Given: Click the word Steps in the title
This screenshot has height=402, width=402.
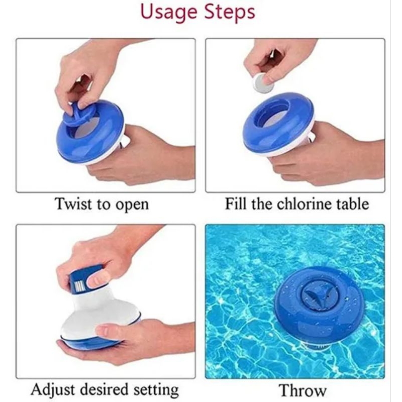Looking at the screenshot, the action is coord(230,12).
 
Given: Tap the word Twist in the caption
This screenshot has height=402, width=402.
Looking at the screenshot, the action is coord(73,204).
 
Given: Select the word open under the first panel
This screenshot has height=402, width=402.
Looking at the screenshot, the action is coord(132,206).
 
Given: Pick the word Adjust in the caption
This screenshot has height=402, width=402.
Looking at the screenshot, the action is coord(53,390).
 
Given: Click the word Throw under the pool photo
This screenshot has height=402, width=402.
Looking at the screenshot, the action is coord(303,390).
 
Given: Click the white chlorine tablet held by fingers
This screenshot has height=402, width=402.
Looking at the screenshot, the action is coord(262,82).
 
